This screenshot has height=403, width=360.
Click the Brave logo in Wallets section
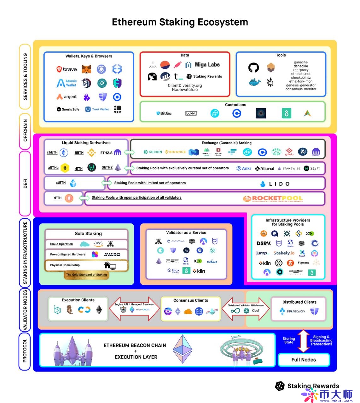(x=67, y=69)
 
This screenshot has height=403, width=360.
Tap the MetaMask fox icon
(x=86, y=69)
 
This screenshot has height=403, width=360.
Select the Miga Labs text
(x=207, y=65)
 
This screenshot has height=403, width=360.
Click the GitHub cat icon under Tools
(x=253, y=68)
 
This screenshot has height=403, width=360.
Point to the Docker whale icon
(x=254, y=82)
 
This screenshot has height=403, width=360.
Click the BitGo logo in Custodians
(x=164, y=113)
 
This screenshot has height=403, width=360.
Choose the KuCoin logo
(x=153, y=152)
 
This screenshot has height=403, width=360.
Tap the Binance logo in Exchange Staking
(x=175, y=152)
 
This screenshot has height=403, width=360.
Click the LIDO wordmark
(x=275, y=184)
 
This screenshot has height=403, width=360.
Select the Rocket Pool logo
(x=273, y=199)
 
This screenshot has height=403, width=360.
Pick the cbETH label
(x=52, y=152)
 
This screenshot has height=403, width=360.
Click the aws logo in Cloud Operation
(x=98, y=244)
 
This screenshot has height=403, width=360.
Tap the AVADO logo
(x=112, y=254)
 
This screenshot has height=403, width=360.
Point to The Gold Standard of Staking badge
(x=86, y=275)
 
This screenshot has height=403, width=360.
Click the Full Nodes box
(x=304, y=360)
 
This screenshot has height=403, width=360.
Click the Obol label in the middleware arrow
(x=255, y=311)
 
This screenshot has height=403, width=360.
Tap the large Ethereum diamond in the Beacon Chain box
(x=183, y=349)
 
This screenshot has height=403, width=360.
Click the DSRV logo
(x=264, y=243)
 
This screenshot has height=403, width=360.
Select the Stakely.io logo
(x=284, y=253)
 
